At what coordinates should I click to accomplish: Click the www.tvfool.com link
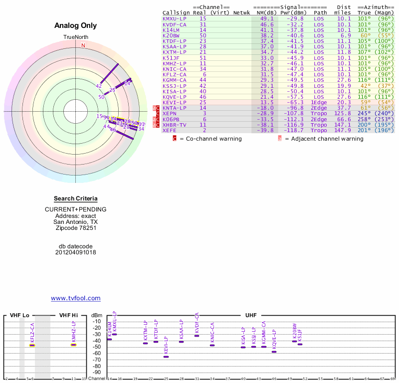coord(76,298)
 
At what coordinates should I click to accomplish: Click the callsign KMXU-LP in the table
coord(175,18)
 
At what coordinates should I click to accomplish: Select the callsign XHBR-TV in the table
coord(175,125)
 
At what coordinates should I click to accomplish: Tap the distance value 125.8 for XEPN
coord(343,114)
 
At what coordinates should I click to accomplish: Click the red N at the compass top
coord(83,45)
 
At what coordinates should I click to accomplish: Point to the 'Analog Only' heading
coord(76,26)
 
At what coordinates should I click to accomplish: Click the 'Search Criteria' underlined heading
coord(76,198)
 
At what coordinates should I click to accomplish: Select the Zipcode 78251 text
coord(76,228)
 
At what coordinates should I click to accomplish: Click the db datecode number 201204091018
coord(76,252)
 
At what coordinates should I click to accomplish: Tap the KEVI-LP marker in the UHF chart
coord(166,357)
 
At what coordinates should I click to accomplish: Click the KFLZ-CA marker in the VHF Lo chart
coord(32,345)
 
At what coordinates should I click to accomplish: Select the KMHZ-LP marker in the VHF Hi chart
coord(73,344)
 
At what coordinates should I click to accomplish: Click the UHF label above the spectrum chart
coord(250,316)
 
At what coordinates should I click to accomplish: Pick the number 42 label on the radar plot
coord(99,86)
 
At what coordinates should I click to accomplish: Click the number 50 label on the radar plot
coord(101,97)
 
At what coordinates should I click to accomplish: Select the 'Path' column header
coord(321,12)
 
